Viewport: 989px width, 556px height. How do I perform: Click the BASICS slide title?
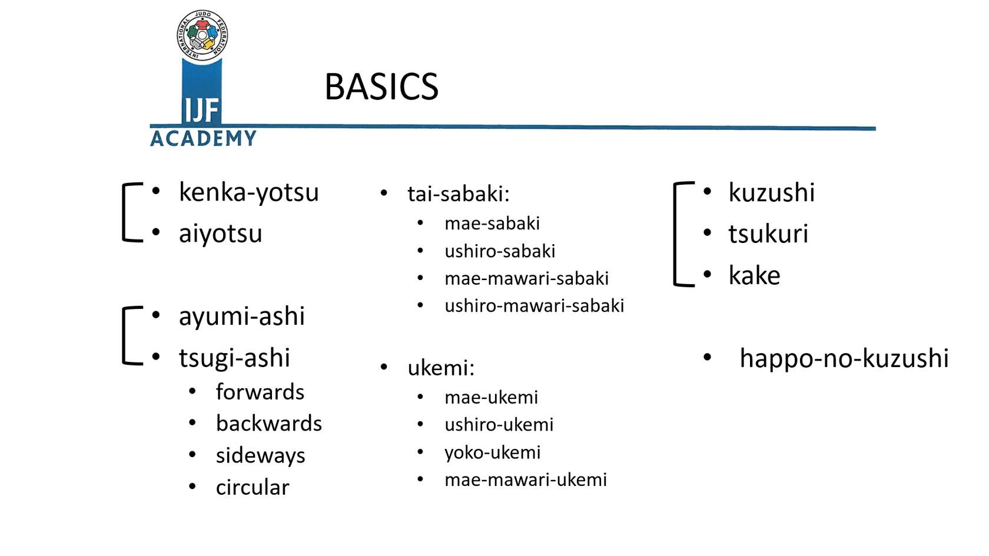(x=381, y=86)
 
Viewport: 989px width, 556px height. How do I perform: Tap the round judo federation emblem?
(x=203, y=35)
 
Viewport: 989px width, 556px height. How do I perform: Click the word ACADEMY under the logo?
(x=203, y=138)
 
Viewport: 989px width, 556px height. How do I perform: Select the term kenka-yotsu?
(x=248, y=193)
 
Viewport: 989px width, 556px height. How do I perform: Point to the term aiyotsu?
(x=220, y=234)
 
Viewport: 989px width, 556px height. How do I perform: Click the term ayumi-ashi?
(x=241, y=317)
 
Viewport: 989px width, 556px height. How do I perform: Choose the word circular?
(x=253, y=487)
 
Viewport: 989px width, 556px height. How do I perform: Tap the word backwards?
(x=269, y=423)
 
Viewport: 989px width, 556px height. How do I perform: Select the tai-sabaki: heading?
(x=458, y=194)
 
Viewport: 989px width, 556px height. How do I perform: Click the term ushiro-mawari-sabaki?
(x=535, y=305)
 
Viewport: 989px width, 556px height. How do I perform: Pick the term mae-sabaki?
(x=492, y=224)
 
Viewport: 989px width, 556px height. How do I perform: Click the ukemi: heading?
(x=440, y=368)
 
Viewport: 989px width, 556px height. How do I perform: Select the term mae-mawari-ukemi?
(x=525, y=480)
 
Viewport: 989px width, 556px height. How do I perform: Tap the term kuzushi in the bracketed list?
(x=771, y=192)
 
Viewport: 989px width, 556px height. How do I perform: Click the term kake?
(x=754, y=275)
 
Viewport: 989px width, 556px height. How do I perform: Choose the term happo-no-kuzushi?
(x=844, y=358)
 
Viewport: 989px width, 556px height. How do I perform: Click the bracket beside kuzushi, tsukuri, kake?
(x=675, y=234)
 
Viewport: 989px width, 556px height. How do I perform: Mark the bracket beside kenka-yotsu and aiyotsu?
(x=124, y=212)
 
